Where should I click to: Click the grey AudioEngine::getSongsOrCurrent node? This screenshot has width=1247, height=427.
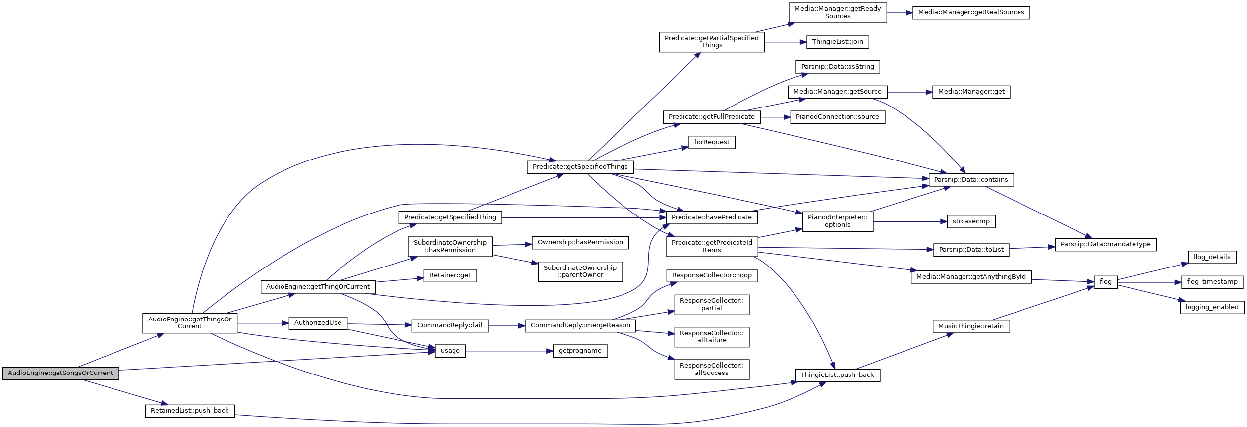tap(60, 374)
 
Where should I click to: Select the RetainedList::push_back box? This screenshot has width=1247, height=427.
tap(190, 411)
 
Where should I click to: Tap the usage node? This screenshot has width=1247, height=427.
tap(450, 351)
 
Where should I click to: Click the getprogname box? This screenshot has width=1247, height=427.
tap(580, 351)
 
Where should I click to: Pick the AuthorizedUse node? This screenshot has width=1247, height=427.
tap(318, 323)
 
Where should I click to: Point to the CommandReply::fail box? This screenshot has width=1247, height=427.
tap(450, 326)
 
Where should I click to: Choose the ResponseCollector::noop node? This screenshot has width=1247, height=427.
tap(712, 276)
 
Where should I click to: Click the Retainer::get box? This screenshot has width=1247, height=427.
tap(450, 276)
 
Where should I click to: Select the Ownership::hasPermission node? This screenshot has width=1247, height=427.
tap(580, 243)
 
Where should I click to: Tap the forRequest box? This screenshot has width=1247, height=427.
tap(712, 143)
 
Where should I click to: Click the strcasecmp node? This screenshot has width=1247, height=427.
tap(971, 222)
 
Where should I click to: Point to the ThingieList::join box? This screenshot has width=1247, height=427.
tap(838, 42)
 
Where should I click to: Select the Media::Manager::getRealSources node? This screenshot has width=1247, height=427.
tap(971, 13)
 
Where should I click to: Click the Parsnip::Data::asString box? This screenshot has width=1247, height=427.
tap(838, 67)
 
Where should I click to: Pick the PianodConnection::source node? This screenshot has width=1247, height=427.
tap(838, 117)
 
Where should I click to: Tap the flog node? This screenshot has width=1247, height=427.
tap(1106, 282)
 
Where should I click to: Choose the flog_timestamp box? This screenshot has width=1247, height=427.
tap(1212, 282)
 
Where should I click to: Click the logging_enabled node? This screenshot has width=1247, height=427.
tap(1212, 308)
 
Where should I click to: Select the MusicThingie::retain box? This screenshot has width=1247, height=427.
tap(971, 327)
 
